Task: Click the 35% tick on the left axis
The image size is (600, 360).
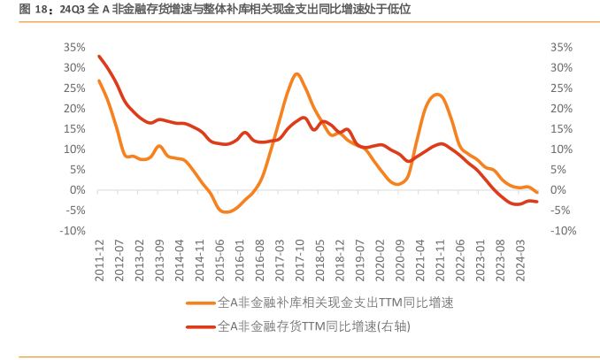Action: [x=73, y=47]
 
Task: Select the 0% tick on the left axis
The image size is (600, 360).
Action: [x=78, y=189]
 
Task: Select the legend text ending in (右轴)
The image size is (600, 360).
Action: [x=314, y=326]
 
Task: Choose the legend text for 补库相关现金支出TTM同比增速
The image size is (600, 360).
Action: [x=335, y=303]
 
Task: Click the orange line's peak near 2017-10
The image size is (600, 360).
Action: [x=296, y=74]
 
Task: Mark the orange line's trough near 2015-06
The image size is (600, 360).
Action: [x=227, y=212]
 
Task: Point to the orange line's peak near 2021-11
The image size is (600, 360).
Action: [x=437, y=94]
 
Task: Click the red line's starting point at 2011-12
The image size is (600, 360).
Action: [x=99, y=57]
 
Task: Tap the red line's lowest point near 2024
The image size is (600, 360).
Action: [x=518, y=204]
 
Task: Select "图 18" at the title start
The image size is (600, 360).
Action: [x=34, y=10]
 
